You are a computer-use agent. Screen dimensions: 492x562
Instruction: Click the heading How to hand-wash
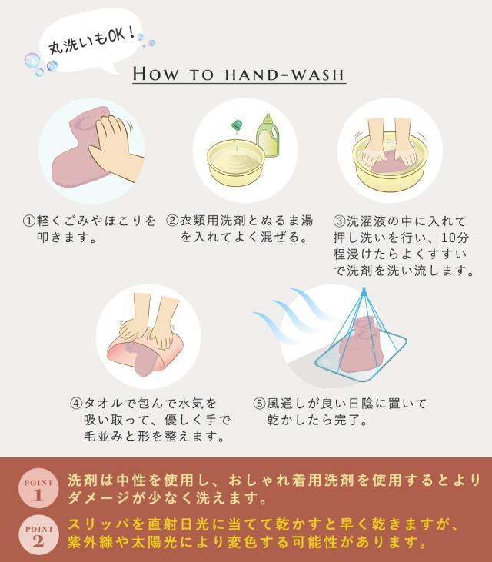[238, 75]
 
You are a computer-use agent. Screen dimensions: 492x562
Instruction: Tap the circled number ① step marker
[29, 221]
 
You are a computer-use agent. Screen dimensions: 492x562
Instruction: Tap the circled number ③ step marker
[339, 221]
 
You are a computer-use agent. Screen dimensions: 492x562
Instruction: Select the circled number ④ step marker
[76, 403]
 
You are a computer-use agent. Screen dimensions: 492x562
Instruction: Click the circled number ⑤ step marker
[259, 404]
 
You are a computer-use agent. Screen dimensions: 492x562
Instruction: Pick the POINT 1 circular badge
[38, 488]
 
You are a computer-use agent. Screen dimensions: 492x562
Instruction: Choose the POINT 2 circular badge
[38, 535]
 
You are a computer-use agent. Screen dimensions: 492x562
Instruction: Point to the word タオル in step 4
[104, 404]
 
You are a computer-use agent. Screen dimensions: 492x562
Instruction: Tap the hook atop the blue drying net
[364, 291]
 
